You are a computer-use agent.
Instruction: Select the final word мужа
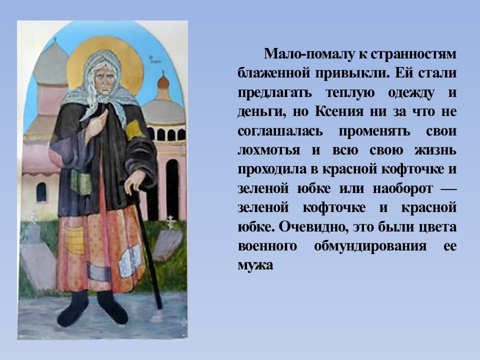(x=255, y=265)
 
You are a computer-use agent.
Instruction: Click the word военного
(x=267, y=245)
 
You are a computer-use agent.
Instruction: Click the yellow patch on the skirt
(x=75, y=240)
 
